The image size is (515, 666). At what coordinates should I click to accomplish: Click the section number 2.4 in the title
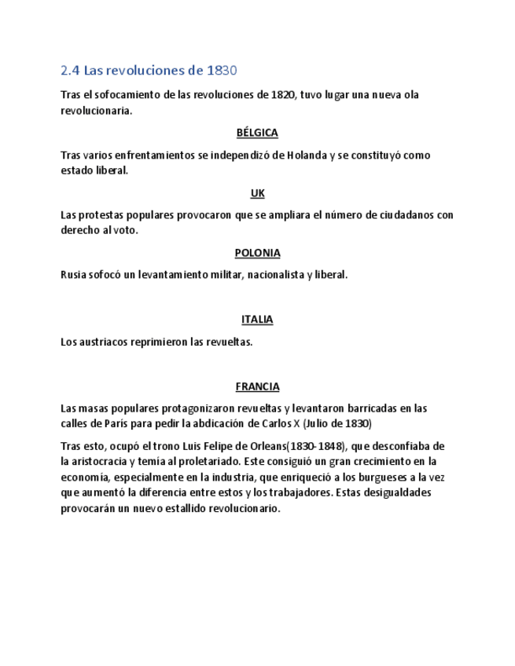pyautogui.click(x=70, y=71)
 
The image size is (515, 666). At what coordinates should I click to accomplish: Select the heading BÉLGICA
pyautogui.click(x=257, y=133)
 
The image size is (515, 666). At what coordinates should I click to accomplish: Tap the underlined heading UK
pyautogui.click(x=257, y=193)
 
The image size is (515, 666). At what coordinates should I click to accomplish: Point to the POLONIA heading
pyautogui.click(x=257, y=253)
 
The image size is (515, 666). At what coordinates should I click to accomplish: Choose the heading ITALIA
pyautogui.click(x=257, y=320)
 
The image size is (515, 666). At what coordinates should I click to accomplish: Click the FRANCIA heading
pyautogui.click(x=257, y=386)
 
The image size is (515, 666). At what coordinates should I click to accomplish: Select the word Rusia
pyautogui.click(x=75, y=275)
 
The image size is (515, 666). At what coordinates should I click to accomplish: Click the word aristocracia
pyautogui.click(x=105, y=461)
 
